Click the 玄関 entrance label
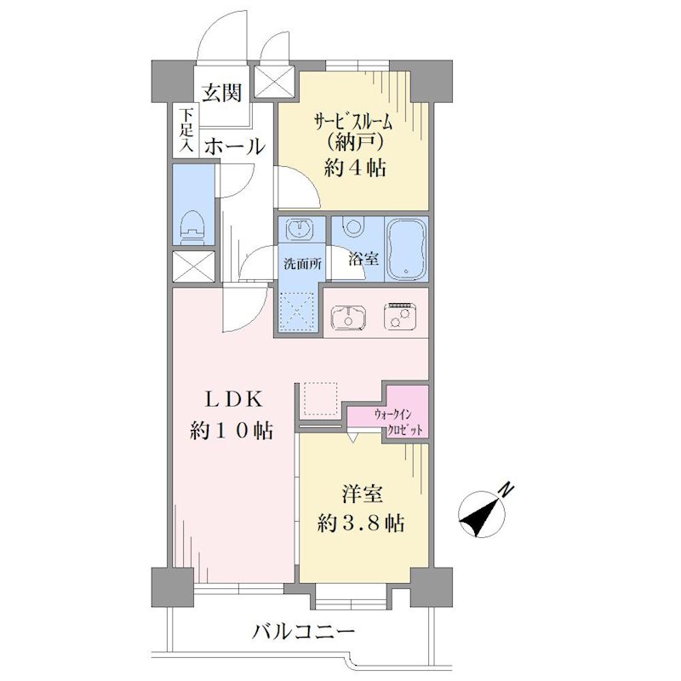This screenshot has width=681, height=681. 221,92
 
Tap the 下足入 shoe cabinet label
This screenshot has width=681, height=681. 186,130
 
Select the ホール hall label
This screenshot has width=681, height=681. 235,146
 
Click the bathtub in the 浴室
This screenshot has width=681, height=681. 406,249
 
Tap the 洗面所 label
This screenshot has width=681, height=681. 302,264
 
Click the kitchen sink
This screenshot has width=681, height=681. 348,316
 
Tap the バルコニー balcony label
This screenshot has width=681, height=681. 303,632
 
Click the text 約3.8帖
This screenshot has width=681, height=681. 361,523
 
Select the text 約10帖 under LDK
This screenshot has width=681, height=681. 232,431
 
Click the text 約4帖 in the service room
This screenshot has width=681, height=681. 355,168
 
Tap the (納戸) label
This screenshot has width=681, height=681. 355,142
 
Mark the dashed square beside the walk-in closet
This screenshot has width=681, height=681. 321,398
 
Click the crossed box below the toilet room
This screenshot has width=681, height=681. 194,266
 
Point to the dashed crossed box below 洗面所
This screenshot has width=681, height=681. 297,310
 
